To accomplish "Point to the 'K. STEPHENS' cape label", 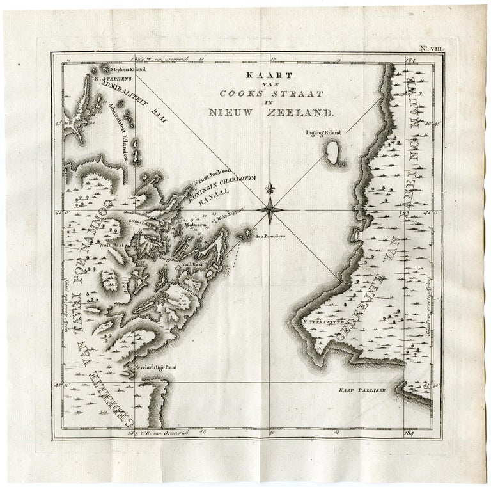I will [112, 80].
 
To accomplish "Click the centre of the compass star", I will [272, 209].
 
